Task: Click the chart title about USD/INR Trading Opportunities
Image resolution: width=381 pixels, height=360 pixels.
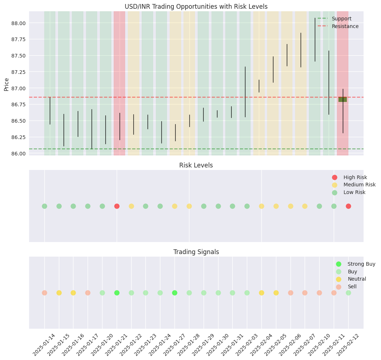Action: [196, 6]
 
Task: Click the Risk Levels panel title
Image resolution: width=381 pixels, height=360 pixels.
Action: [196, 165]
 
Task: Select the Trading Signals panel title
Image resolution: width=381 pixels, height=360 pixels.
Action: [196, 252]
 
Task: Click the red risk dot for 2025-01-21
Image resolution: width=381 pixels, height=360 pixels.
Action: [117, 206]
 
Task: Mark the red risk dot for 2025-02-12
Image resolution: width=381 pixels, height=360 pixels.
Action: [348, 206]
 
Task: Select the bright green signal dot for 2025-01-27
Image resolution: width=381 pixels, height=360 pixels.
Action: [175, 293]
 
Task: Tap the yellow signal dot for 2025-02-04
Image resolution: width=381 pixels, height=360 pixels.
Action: [261, 293]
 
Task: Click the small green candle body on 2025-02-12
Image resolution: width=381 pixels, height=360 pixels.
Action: [342, 99]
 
